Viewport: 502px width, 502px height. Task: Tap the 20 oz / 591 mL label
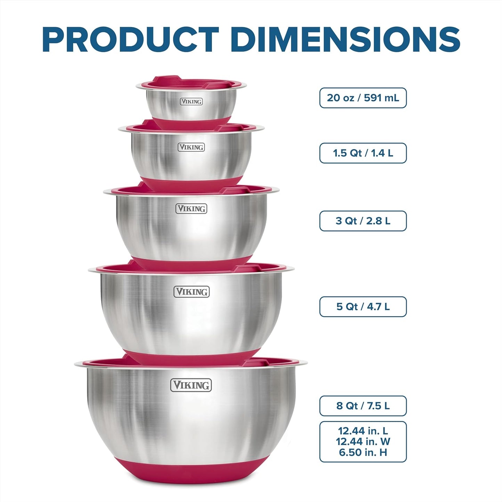(x=363, y=98)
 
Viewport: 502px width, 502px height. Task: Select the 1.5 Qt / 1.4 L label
(x=363, y=153)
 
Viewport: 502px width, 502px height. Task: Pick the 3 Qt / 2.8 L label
(x=363, y=221)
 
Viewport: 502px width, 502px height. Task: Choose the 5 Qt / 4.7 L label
(x=363, y=307)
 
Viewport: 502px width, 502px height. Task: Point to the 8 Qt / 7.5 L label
(x=363, y=406)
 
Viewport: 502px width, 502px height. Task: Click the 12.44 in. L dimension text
(x=363, y=431)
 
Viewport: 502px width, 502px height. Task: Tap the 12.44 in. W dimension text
(x=363, y=442)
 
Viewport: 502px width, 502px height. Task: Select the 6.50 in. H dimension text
(x=363, y=452)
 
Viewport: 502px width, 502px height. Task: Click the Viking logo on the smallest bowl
(x=191, y=101)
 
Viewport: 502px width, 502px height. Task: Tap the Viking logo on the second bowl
(x=191, y=147)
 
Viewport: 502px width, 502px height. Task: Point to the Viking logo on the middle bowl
(x=191, y=208)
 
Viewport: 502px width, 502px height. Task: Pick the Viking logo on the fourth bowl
(x=191, y=291)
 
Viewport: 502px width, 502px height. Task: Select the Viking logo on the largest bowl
(x=191, y=385)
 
